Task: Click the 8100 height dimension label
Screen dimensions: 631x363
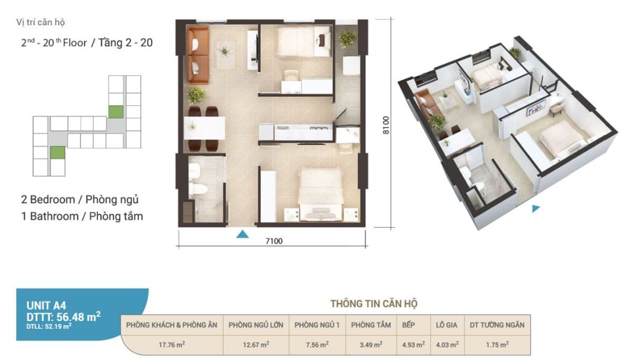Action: [x=386, y=125]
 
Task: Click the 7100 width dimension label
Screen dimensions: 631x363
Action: [x=274, y=240]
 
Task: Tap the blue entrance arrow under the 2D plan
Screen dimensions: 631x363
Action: [x=242, y=234]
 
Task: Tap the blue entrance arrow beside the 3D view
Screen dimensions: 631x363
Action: [x=535, y=209]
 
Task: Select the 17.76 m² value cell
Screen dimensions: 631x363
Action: [x=172, y=345]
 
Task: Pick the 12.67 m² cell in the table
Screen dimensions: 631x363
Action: [x=256, y=345]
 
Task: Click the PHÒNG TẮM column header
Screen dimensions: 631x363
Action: [x=371, y=325]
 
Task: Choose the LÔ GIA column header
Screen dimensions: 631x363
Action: [x=447, y=325]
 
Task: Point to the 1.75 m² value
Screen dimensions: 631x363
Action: [x=497, y=344]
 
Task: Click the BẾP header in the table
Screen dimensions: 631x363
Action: [x=409, y=325]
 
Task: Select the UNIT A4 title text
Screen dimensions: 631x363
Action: [x=46, y=305]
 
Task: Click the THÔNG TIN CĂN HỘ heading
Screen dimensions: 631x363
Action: [x=374, y=304]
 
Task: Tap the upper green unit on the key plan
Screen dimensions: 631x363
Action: [x=116, y=112]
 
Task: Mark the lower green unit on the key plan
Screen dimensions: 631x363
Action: [x=58, y=153]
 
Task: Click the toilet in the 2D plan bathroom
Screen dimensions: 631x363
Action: [x=198, y=188]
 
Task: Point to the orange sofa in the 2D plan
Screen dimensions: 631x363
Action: [x=197, y=55]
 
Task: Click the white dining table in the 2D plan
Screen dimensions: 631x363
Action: [x=204, y=128]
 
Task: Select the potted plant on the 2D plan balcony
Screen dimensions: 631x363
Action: [x=347, y=38]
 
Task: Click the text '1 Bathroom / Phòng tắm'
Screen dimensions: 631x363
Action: [x=82, y=216]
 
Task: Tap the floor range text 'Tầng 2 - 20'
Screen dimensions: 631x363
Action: [x=125, y=43]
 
